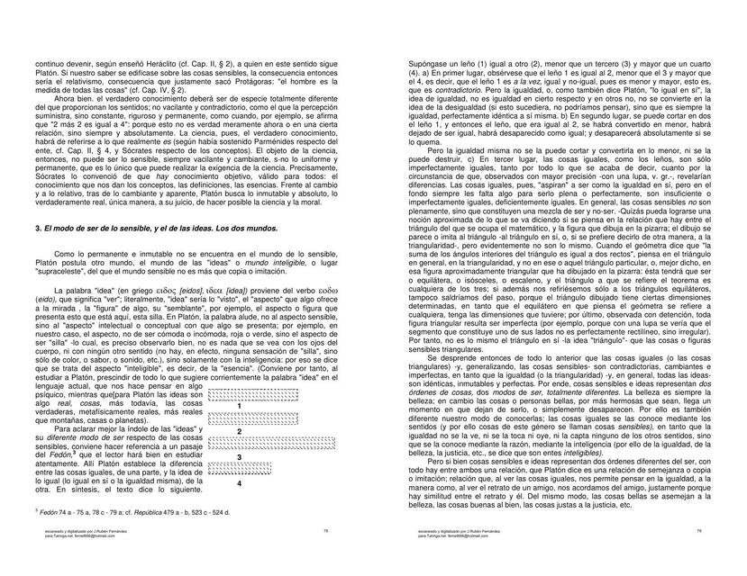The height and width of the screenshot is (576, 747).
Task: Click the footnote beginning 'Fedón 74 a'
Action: (135, 510)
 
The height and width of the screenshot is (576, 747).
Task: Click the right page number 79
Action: (698, 531)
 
